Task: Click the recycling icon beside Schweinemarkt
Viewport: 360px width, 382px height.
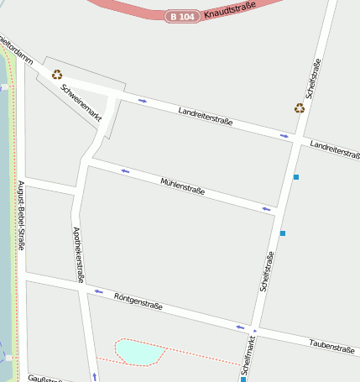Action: click(57, 75)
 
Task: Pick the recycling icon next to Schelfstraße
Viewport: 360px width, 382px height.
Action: click(300, 107)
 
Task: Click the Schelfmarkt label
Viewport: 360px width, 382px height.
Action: click(248, 357)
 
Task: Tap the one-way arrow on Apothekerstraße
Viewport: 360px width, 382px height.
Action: click(94, 376)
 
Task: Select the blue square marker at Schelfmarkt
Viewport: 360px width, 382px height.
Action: click(243, 379)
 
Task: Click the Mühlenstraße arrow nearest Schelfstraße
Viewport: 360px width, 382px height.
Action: click(267, 208)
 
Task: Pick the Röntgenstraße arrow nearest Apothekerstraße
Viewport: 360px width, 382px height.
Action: click(99, 291)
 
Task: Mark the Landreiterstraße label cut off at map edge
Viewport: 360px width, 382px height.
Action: click(335, 149)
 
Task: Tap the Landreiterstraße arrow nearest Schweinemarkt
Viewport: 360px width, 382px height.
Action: click(143, 101)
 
